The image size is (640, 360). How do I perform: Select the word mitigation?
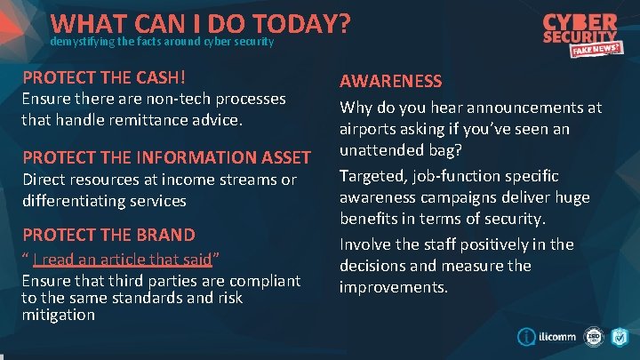(59, 315)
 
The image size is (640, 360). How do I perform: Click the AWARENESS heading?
(390, 81)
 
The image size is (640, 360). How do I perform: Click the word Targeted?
(374, 174)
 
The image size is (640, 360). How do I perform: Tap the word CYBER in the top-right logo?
(580, 22)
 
